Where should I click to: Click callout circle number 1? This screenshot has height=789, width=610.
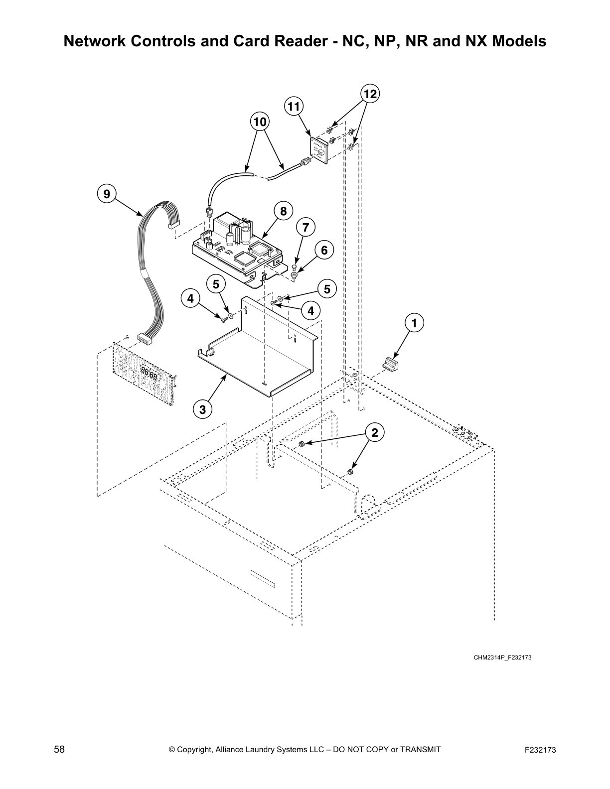pyautogui.click(x=413, y=323)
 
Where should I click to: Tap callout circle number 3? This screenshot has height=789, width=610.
pyautogui.click(x=202, y=409)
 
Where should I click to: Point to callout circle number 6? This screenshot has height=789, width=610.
pyautogui.click(x=324, y=250)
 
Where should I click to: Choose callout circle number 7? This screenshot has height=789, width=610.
pyautogui.click(x=305, y=228)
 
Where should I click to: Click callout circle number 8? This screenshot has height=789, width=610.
pyautogui.click(x=283, y=211)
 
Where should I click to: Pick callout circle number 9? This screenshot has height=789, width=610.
pyautogui.click(x=107, y=193)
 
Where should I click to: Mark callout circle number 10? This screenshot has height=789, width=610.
pyautogui.click(x=259, y=122)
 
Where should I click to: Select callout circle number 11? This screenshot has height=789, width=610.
pyautogui.click(x=294, y=106)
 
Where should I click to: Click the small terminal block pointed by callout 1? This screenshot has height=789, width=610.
pyautogui.click(x=391, y=364)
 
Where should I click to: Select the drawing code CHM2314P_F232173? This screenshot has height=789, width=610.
pyautogui.click(x=502, y=657)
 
